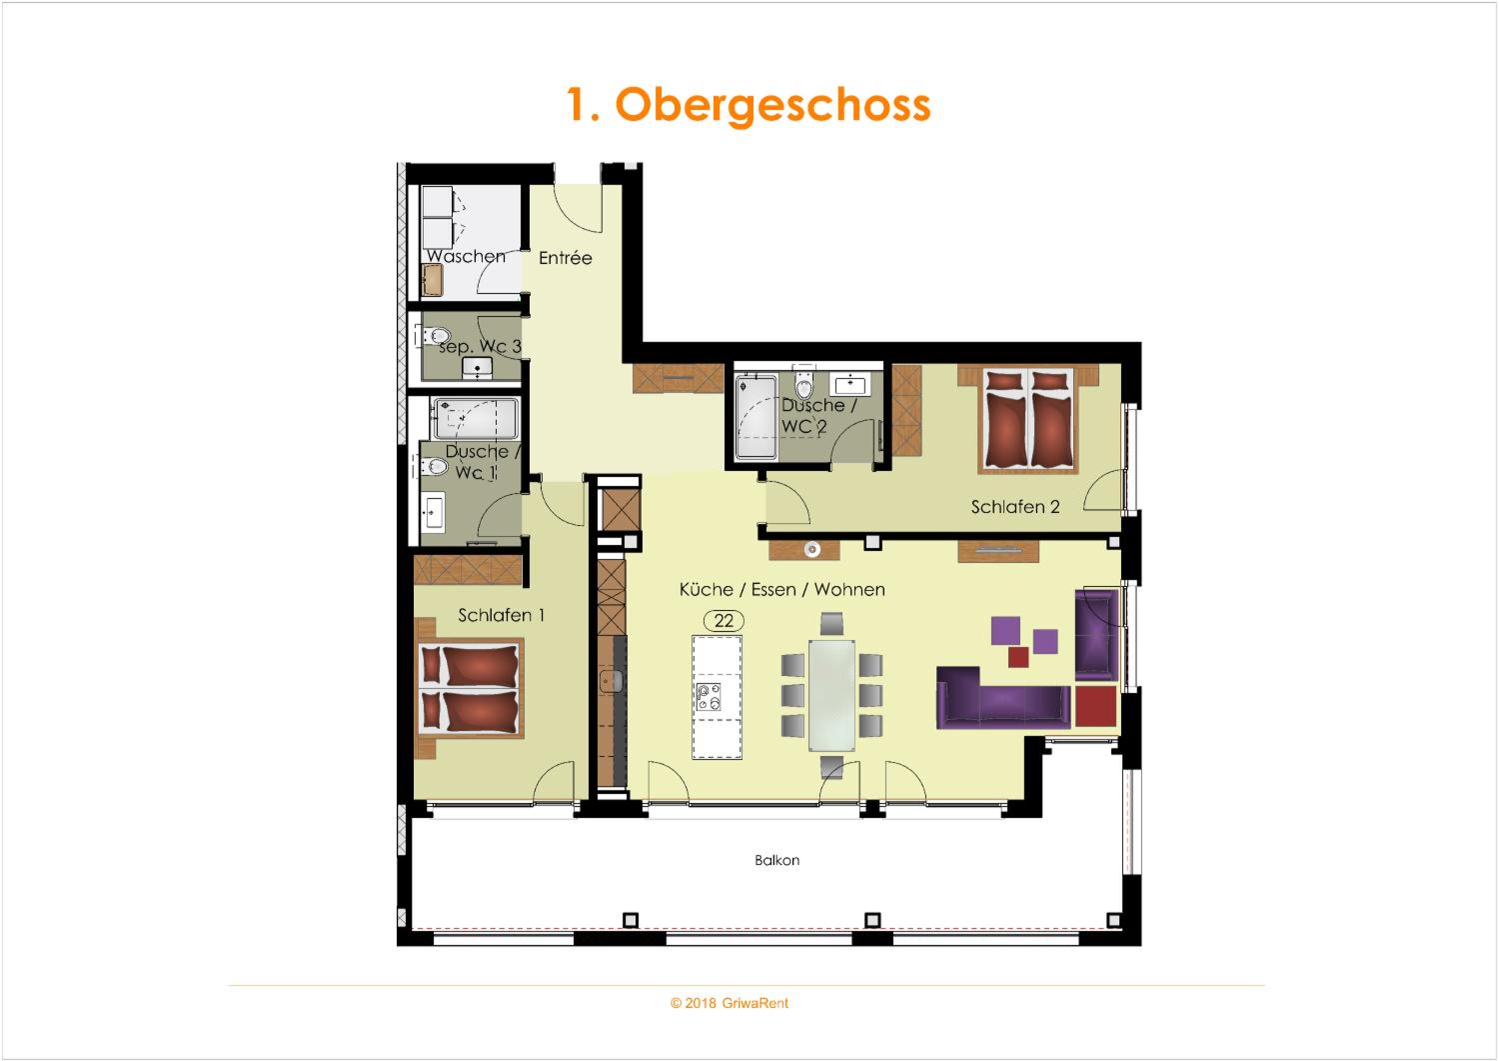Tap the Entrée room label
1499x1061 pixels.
(566, 258)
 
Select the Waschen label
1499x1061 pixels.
(466, 256)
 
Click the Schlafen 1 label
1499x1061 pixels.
(501, 615)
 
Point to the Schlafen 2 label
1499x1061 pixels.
(1015, 506)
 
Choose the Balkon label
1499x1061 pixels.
(777, 860)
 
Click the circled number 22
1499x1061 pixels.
(724, 620)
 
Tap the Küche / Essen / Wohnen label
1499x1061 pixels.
(782, 589)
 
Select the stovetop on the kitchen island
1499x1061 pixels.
(709, 696)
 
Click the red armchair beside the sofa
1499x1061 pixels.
(1096, 705)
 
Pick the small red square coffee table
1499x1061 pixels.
(1018, 657)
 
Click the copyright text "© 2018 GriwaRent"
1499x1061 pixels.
(729, 1003)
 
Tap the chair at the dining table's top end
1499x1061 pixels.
(832, 623)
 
